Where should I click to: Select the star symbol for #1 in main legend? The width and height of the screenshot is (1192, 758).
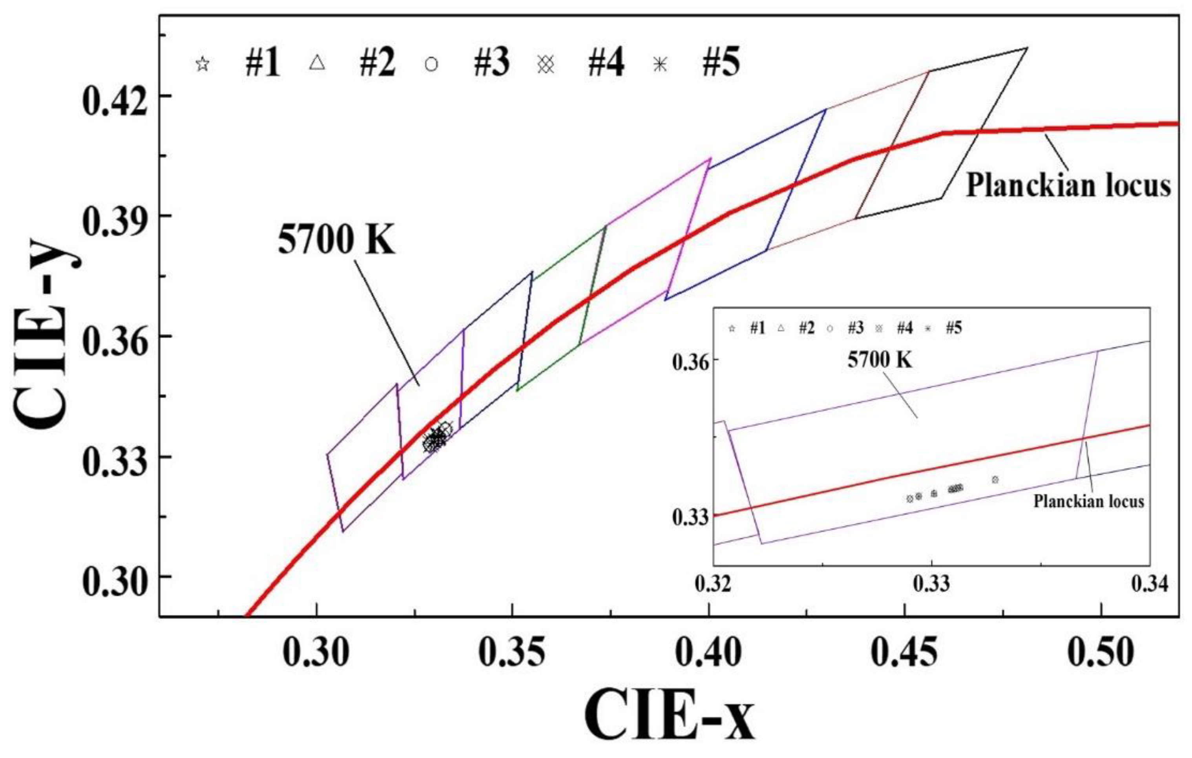202,64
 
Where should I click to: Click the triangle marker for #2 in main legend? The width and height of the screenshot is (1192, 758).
317,63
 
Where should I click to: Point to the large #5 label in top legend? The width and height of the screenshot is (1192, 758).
721,64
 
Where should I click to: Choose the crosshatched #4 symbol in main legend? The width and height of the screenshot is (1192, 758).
546,64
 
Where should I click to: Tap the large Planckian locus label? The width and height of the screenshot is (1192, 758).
1068,186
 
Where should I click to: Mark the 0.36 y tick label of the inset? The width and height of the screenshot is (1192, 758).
690,362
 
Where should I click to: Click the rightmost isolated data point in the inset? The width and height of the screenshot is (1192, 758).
995,479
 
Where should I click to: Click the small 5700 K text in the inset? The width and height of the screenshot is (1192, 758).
880,360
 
